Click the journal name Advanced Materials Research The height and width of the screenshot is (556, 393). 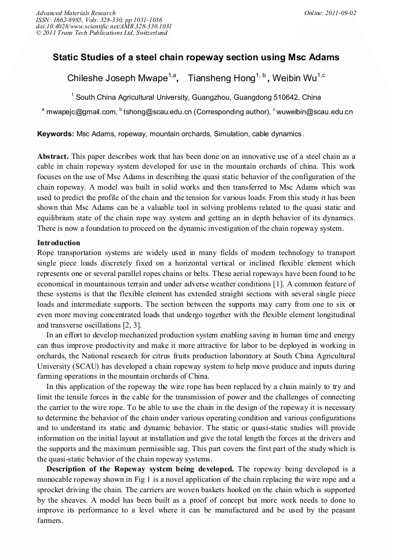click(x=75, y=13)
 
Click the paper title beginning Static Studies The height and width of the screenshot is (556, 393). click(x=196, y=58)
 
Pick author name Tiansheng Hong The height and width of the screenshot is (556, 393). click(x=219, y=78)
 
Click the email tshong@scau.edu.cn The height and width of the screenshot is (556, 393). click(x=157, y=112)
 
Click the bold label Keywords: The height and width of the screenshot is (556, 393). click(x=56, y=134)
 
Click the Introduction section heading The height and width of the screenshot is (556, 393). click(x=59, y=243)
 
